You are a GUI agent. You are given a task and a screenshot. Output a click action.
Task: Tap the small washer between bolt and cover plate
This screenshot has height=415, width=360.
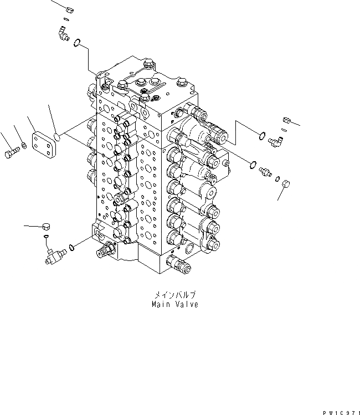click(22, 147)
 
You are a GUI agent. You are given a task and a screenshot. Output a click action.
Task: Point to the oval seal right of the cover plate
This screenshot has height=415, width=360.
click(58, 135)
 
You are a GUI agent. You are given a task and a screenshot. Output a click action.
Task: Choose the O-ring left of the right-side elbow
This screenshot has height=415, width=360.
click(261, 133)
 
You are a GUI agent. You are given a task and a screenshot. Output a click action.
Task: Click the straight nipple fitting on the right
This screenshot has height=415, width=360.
click(266, 172)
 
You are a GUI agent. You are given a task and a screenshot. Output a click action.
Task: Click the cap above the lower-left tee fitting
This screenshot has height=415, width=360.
click(46, 226)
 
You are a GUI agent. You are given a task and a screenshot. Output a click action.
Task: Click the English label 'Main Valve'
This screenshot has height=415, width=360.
click(174, 304)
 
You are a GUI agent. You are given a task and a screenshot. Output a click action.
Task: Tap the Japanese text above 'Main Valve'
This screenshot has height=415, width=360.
click(174, 295)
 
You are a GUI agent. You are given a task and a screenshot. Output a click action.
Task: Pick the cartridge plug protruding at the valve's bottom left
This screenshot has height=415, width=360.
click(104, 253)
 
